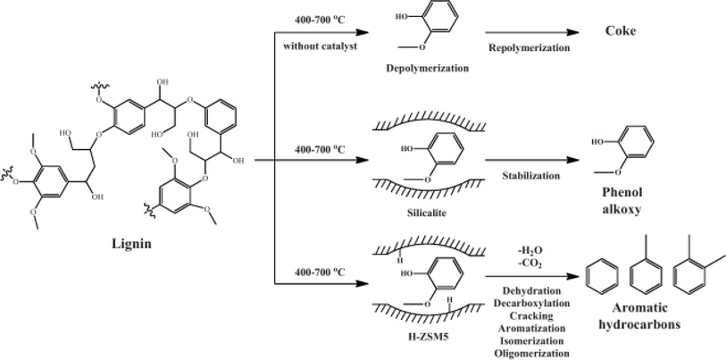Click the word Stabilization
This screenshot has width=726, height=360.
(x=530, y=176)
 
